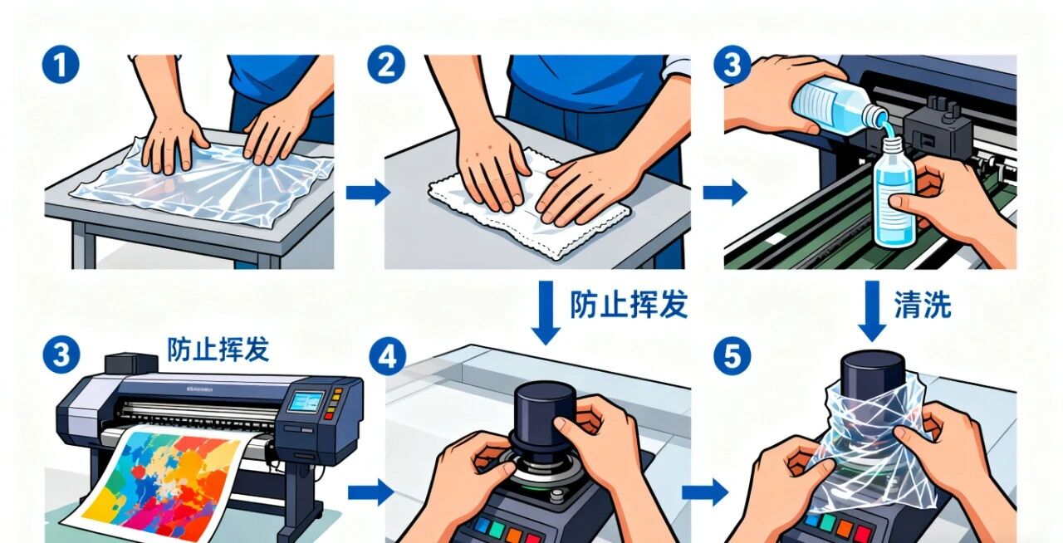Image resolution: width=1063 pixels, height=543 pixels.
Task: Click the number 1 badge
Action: click(61, 65)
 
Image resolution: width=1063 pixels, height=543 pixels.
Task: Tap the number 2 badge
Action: click(386, 65)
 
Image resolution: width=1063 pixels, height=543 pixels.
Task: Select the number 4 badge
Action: click(387, 356)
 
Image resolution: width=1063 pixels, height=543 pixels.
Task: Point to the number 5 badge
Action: click(732, 355)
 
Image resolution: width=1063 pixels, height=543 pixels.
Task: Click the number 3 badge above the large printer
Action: click(61, 355)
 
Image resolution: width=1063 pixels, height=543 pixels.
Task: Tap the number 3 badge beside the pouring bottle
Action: click(732, 65)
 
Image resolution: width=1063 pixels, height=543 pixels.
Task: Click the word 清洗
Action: click(923, 304)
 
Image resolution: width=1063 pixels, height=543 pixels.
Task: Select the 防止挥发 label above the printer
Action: click(218, 350)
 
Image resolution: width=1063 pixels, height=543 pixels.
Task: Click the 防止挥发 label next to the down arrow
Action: click(629, 304)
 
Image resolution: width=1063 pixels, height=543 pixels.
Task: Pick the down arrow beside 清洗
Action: click(872, 311)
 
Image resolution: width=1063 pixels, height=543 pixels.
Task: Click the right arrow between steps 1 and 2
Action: click(368, 193)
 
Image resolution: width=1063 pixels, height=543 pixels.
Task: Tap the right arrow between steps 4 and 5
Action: click(705, 492)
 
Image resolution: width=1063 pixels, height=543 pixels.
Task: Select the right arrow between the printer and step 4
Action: click(370, 492)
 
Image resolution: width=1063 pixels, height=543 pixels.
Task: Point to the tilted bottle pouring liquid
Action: click(839, 105)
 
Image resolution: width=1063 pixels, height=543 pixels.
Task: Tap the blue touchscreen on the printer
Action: click(306, 402)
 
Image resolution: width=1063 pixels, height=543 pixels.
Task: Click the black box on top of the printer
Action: click(131, 364)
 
